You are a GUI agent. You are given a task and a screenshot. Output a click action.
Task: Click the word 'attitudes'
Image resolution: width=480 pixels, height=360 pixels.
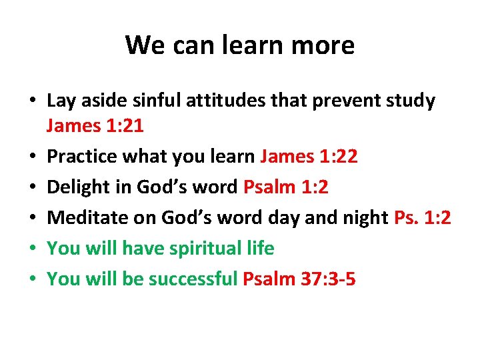click(225, 101)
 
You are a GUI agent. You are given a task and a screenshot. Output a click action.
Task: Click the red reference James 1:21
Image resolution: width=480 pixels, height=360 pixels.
click(95, 125)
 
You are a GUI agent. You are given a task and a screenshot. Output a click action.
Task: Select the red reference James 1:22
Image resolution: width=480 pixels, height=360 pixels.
click(309, 156)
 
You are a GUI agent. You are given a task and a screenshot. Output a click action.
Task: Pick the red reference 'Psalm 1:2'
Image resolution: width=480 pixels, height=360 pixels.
click(286, 187)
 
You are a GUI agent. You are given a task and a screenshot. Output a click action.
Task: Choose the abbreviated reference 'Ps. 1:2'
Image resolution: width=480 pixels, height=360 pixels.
click(423, 217)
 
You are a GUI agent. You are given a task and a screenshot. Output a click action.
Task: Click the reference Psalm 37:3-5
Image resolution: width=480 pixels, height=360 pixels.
click(299, 279)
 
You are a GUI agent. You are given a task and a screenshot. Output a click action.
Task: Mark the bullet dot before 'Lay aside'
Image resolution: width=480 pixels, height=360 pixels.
click(31, 102)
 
